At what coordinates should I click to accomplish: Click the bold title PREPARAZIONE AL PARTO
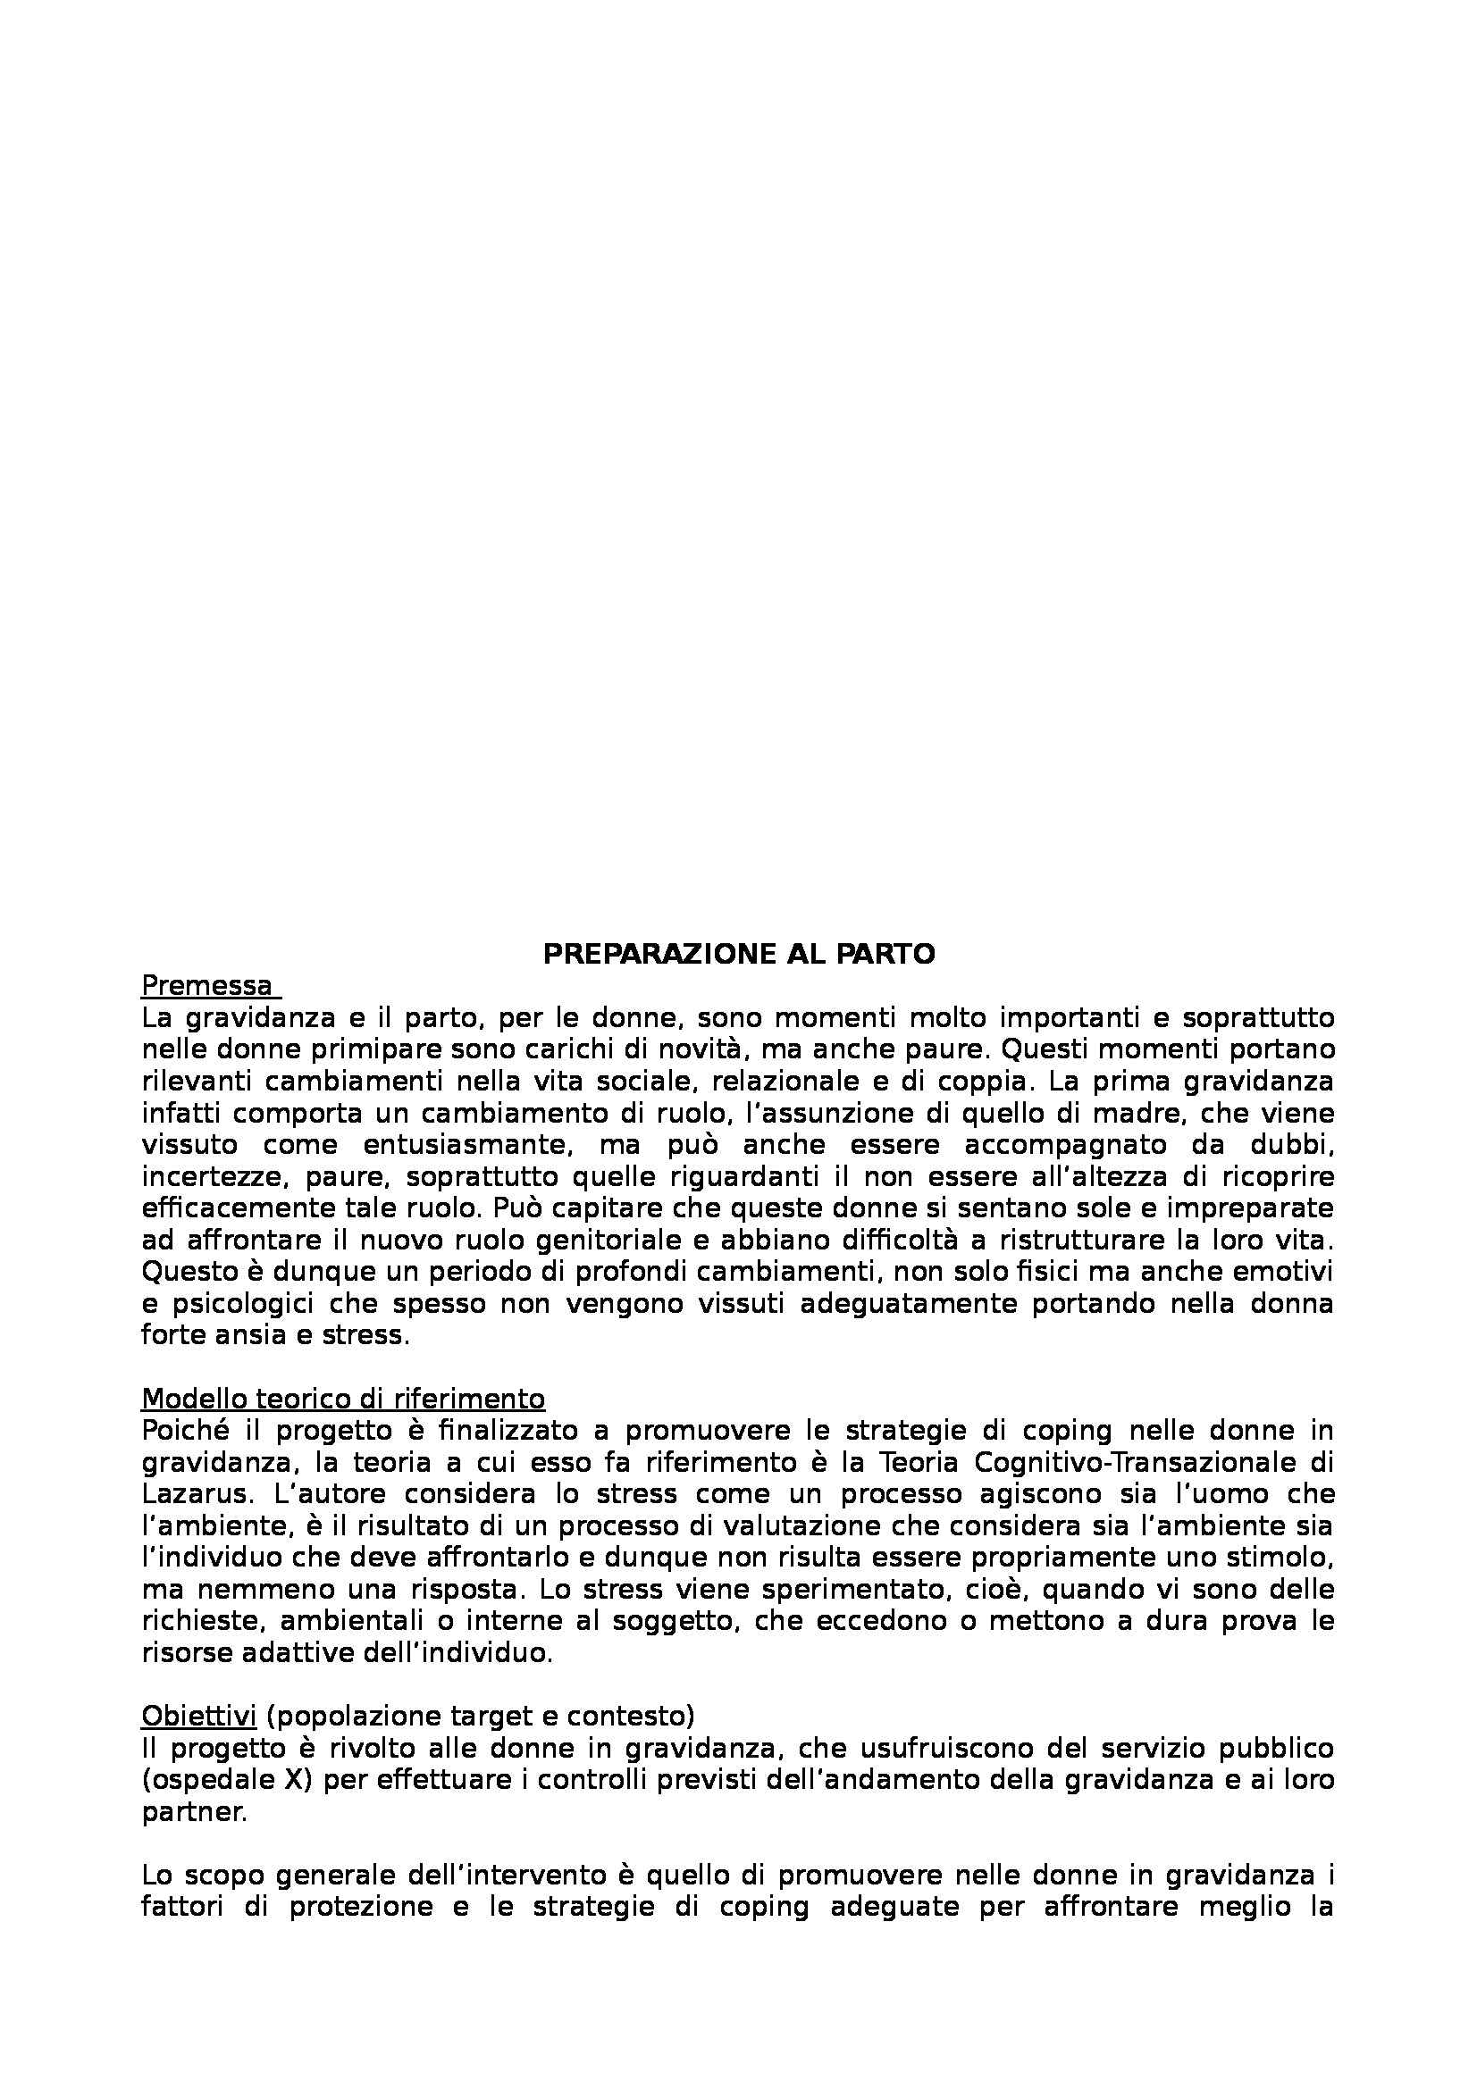pyautogui.click(x=738, y=954)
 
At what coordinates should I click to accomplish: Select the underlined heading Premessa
pyautogui.click(x=206, y=985)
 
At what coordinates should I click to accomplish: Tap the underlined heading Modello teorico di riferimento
pyautogui.click(x=343, y=1398)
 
